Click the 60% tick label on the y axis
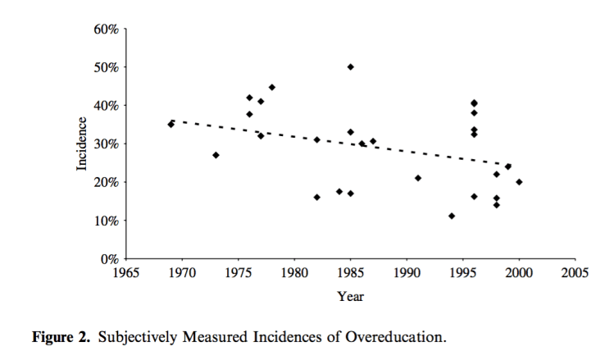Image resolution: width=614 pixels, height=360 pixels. pos(107,29)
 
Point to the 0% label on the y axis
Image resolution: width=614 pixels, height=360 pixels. pos(110,259)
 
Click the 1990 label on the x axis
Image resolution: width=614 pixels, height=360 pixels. pos(407,273)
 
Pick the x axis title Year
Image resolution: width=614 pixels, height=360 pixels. pos(350,296)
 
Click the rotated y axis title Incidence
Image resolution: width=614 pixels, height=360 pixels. pos(82,144)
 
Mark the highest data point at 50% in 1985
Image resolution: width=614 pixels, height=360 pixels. pos(350,66)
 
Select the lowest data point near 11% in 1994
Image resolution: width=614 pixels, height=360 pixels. pos(452,216)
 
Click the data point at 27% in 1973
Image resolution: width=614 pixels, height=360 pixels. pos(216,155)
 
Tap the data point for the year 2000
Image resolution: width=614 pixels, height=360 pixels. pos(519,182)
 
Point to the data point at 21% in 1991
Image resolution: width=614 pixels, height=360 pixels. pos(418,178)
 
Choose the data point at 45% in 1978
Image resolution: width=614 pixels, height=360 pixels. pos(271,87)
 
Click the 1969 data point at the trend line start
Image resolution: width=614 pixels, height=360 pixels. pos(171,124)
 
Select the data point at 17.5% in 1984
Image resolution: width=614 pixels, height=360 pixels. pos(339,192)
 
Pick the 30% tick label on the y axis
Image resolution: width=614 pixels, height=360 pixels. pos(107,144)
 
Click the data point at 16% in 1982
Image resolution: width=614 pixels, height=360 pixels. pos(316,197)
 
